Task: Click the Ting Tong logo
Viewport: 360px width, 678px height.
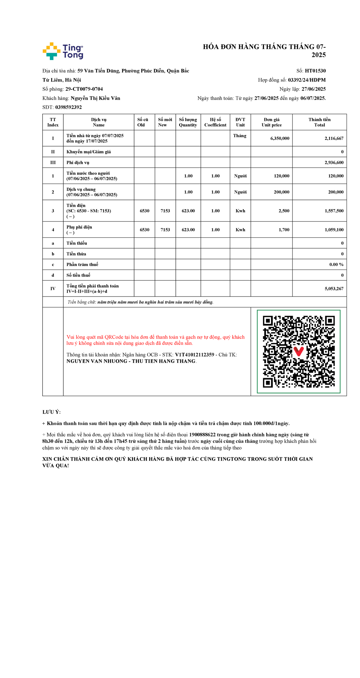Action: pos(63,51)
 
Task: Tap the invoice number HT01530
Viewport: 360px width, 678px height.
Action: pos(315,71)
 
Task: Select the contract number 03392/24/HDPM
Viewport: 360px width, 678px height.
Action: pos(307,80)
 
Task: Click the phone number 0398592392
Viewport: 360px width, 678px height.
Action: pos(68,107)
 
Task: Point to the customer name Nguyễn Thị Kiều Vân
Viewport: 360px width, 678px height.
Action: pos(95,98)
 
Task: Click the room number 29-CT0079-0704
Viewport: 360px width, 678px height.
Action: pos(84,89)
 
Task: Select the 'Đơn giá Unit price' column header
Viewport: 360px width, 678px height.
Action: pos(271,122)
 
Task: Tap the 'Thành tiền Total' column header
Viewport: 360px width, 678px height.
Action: pos(319,122)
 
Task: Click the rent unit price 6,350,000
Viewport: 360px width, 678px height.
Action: pos(280,138)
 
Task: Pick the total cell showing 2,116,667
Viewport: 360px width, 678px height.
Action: pos(334,138)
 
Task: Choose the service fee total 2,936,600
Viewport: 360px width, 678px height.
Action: pos(334,163)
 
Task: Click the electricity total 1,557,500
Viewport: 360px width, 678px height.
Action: pos(334,211)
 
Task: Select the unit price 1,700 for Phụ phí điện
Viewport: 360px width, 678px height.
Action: pos(284,230)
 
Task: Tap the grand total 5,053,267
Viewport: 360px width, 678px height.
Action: pos(334,289)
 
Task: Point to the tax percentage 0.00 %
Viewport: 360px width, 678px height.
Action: pos(336,264)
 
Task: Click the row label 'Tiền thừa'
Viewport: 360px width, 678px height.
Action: pos(76,254)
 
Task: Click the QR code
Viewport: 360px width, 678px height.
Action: pos(298,351)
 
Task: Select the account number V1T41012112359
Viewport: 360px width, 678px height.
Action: pos(194,355)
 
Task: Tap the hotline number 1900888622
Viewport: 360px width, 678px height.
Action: pos(202,435)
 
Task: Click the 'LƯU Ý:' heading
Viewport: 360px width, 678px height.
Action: pos(52,412)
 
